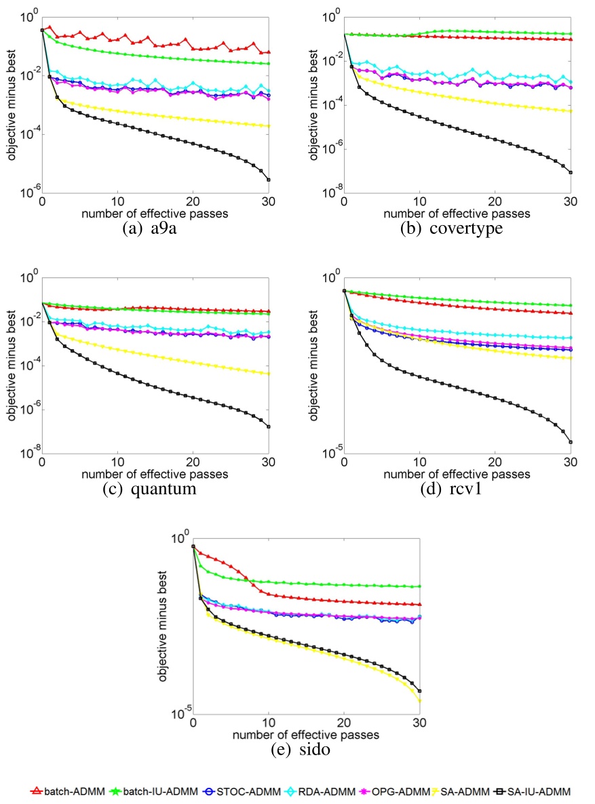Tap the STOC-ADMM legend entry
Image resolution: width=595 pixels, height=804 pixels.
click(x=234, y=790)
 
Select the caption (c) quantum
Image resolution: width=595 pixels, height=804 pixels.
click(x=155, y=488)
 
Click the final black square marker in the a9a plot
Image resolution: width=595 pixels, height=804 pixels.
click(x=269, y=180)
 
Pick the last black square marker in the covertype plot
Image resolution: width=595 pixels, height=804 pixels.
click(x=571, y=173)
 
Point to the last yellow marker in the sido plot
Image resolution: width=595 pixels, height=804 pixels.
click(x=420, y=701)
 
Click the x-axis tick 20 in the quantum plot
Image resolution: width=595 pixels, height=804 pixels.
click(x=193, y=463)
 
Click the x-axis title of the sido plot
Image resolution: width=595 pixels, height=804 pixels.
click(x=307, y=734)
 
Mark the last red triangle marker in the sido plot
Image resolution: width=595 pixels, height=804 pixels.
click(x=420, y=605)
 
